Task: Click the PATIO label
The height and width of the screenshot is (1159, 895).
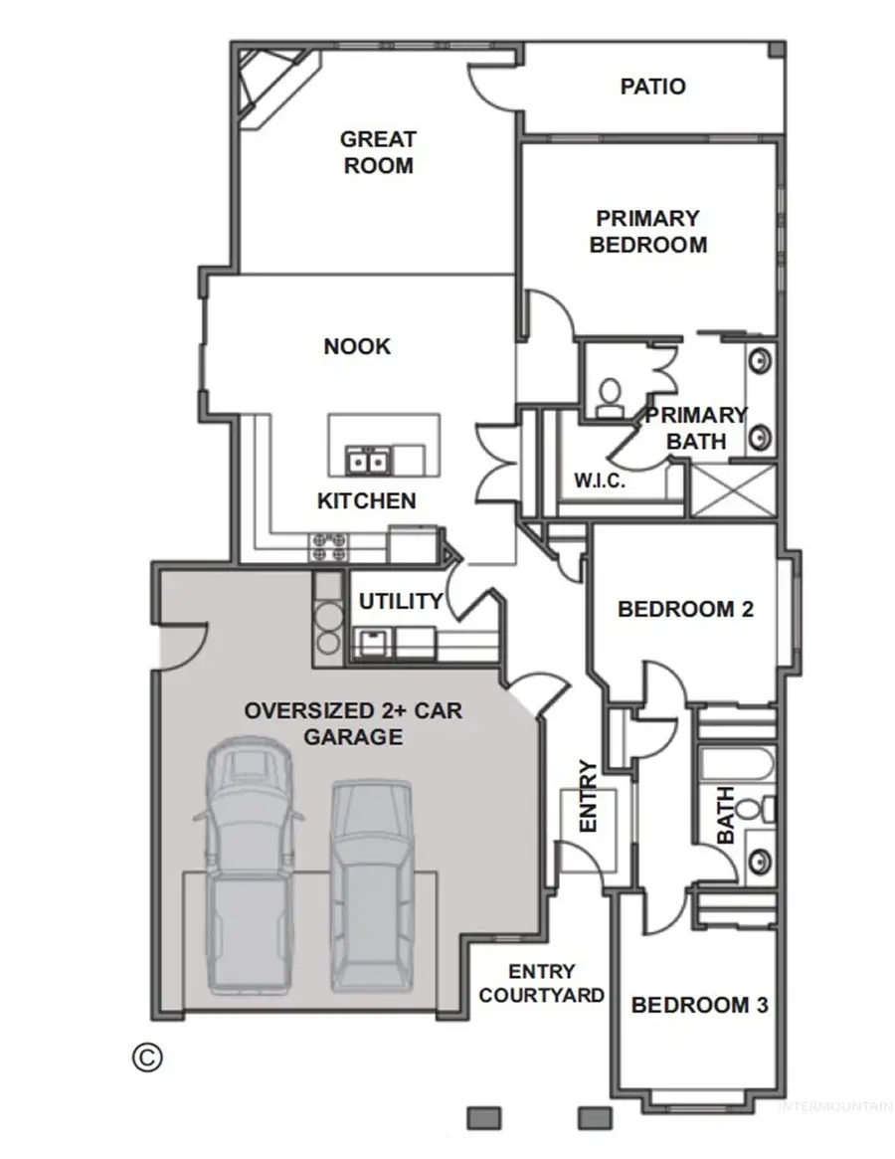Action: [652, 87]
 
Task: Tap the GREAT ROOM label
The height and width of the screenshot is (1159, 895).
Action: [378, 152]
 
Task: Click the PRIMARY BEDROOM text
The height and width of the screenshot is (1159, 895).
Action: [647, 231]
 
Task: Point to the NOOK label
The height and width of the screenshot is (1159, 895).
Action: [357, 346]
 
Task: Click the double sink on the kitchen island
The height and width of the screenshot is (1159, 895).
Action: [366, 461]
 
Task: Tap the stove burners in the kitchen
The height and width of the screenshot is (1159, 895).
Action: [329, 545]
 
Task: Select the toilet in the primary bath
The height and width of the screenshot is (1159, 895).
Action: [609, 394]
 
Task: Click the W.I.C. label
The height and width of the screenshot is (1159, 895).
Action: [599, 482]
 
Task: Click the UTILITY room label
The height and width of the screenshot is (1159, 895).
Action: [401, 601]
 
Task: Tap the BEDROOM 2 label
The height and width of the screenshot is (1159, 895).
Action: [685, 609]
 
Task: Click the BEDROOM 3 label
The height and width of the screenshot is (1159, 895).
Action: [699, 1005]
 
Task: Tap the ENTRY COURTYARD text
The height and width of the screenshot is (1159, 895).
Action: [542, 983]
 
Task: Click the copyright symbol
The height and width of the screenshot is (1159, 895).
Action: [146, 1057]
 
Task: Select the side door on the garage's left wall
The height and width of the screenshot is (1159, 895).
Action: [179, 645]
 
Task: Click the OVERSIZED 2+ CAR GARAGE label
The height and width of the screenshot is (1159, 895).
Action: [354, 724]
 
